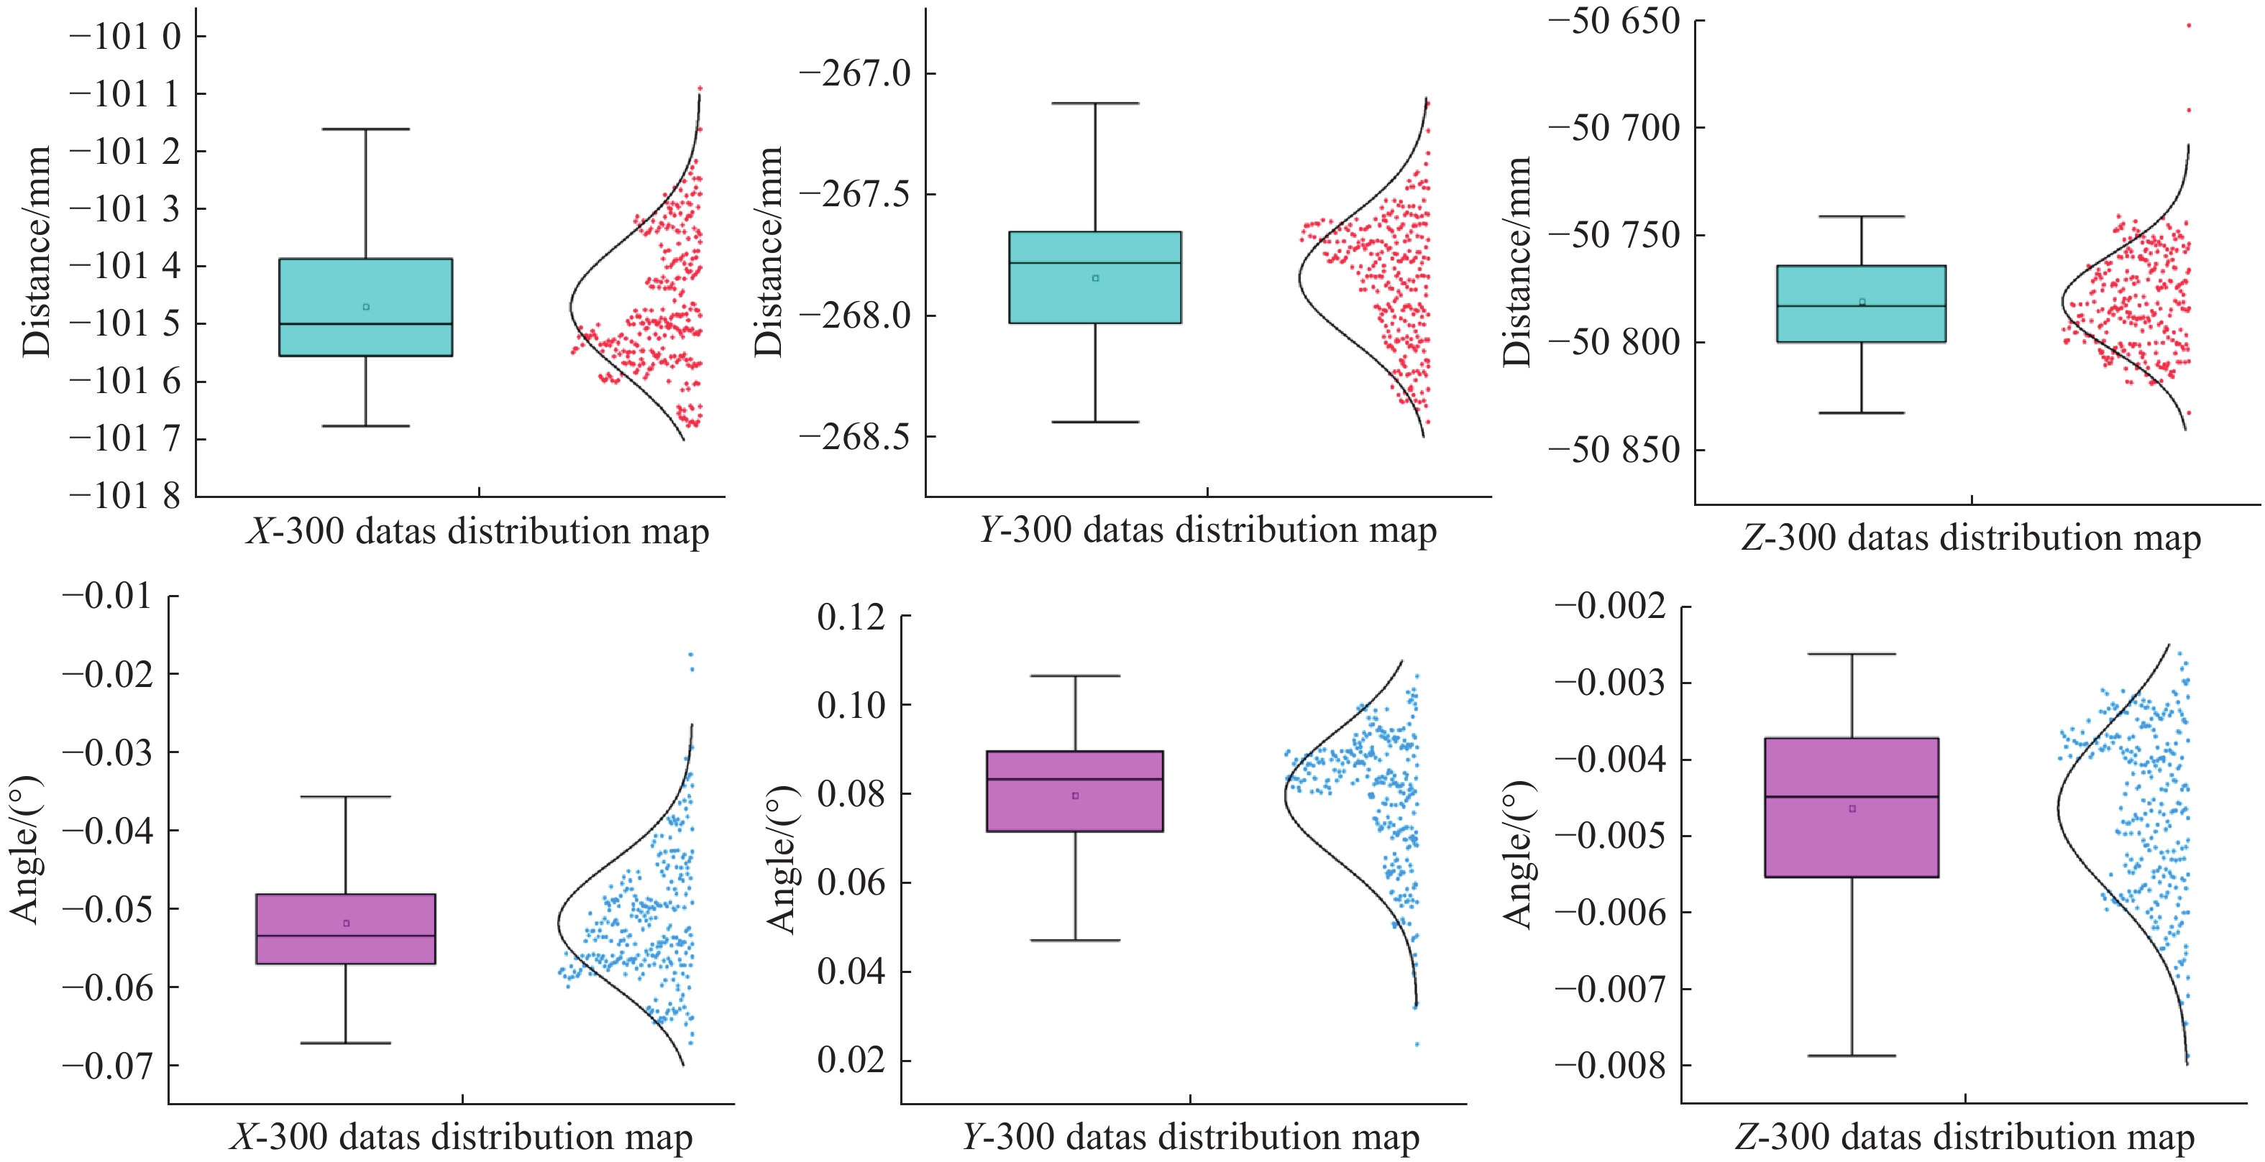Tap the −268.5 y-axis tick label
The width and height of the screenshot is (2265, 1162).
855,437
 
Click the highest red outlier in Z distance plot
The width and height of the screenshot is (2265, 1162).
2189,25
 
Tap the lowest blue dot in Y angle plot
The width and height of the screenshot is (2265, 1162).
1417,1044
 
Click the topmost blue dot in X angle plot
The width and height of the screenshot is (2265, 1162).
690,655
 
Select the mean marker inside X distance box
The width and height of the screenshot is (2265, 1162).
366,307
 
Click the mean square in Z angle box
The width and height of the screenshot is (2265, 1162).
1852,808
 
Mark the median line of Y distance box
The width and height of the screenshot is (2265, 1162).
1094,263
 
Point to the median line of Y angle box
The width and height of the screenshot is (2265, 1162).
1074,779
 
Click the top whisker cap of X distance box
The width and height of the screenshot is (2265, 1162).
365,129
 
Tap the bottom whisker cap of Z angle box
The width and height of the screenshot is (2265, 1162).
1852,1056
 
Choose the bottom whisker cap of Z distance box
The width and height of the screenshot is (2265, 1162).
1862,413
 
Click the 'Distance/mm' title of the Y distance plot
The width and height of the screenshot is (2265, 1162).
769,252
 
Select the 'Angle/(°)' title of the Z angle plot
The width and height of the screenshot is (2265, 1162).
1518,854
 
